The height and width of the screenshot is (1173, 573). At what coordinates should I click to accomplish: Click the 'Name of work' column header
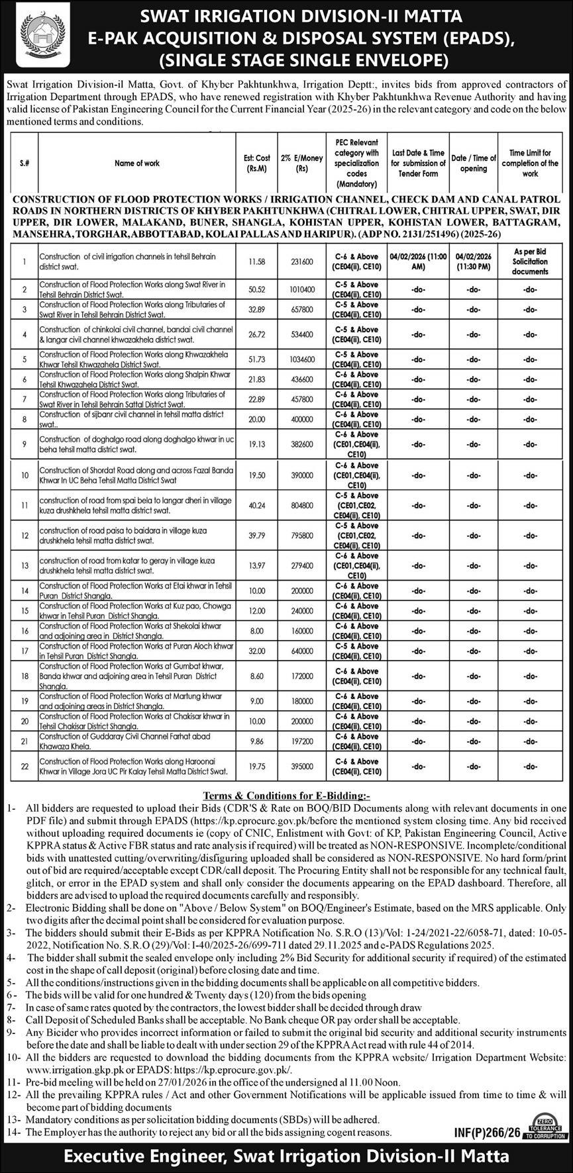137,163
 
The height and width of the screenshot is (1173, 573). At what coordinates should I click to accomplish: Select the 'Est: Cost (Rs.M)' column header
256,163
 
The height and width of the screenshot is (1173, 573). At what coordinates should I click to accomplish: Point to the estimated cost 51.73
256,359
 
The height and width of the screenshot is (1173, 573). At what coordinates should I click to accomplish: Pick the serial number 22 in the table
25,767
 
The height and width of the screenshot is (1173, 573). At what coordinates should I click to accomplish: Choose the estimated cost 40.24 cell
256,506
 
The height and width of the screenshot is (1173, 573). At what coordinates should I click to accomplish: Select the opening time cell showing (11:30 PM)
474,267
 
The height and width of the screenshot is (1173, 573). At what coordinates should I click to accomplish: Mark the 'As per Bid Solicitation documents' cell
530,261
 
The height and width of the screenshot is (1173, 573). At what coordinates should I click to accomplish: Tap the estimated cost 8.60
256,677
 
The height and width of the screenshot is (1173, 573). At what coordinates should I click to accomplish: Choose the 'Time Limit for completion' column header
530,163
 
